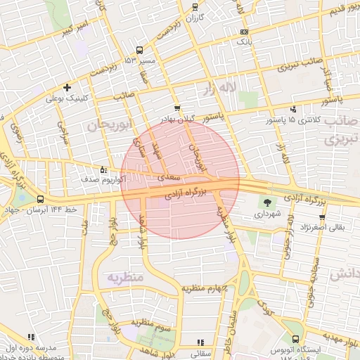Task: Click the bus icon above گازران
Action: tap(195, 6)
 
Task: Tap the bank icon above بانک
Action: tap(244, 32)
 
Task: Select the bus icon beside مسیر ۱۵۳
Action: tap(139, 50)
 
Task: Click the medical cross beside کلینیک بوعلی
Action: tap(67, 88)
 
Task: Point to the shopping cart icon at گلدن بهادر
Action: tap(177, 108)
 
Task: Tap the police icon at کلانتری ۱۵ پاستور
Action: tap(293, 110)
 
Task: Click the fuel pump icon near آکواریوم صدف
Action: tap(104, 169)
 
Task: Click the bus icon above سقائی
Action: tap(195, 346)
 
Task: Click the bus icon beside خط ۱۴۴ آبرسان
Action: tap(40, 199)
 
